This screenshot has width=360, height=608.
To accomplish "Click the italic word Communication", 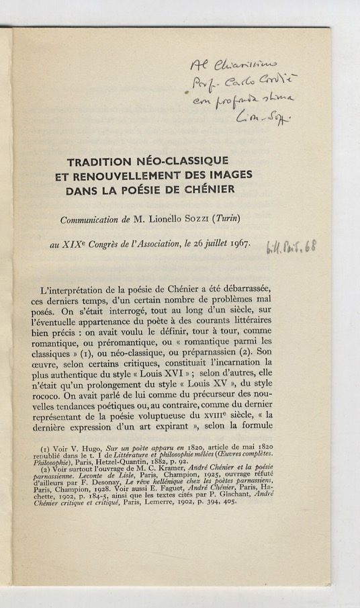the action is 93,220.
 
